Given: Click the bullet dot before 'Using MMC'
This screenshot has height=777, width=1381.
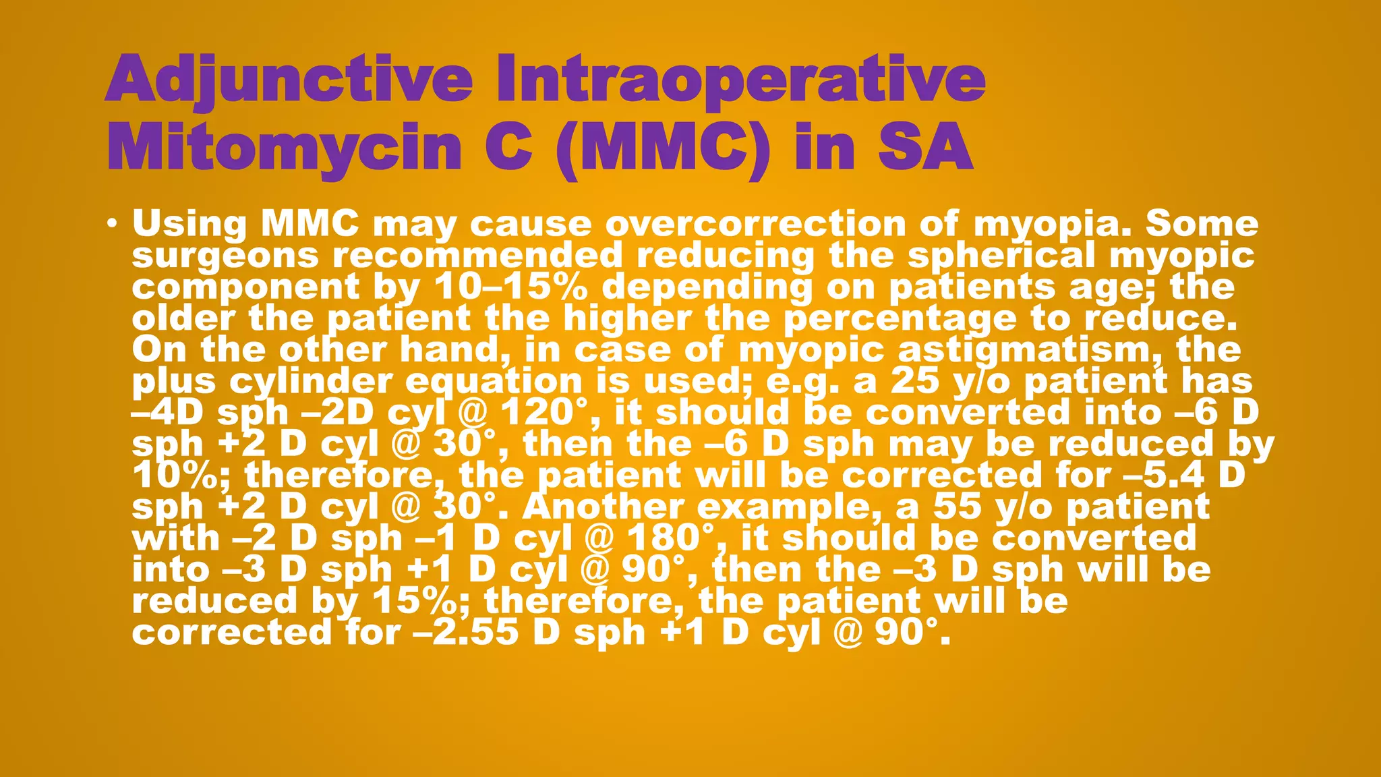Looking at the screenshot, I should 113,224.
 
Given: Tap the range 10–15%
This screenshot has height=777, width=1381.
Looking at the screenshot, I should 510,287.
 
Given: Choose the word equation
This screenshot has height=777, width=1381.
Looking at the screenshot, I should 494,382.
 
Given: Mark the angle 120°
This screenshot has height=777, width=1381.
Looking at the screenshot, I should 550,413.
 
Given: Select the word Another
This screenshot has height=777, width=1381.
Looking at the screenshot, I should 603,507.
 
